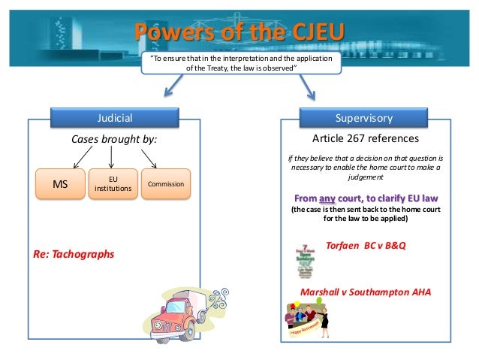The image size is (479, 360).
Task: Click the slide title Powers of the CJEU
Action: [239, 32]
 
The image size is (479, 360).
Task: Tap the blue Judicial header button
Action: [115, 118]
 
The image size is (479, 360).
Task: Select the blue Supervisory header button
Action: [364, 118]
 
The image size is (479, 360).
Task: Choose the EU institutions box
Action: [113, 183]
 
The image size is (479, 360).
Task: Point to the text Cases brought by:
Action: [115, 139]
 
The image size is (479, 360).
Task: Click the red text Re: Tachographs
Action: [74, 254]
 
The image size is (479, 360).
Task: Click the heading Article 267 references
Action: [365, 139]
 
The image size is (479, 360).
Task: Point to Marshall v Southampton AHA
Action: [366, 292]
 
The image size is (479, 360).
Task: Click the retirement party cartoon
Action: [311, 319]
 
